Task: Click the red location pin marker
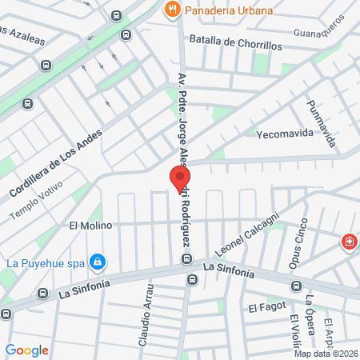[179, 179]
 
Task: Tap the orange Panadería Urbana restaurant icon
[171, 10]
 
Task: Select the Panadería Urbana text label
[228, 10]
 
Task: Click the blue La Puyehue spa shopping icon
[98, 262]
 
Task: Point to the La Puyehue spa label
[45, 262]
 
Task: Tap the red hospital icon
[349, 242]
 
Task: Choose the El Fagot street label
[262, 307]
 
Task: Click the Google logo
[27, 350]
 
